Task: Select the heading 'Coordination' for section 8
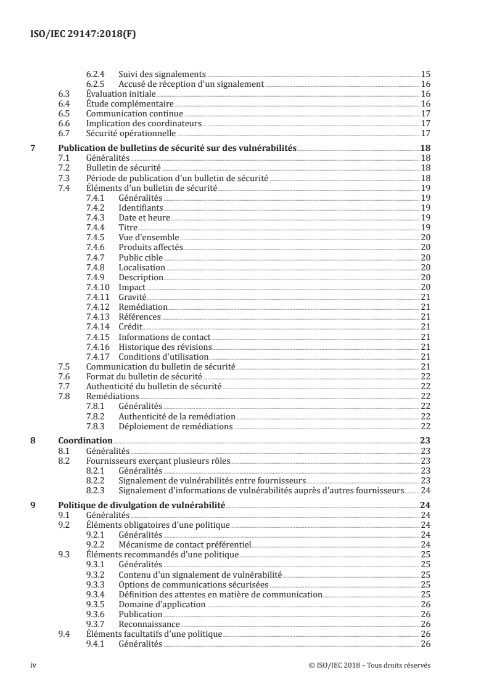(x=85, y=441)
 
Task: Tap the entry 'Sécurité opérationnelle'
(x=131, y=133)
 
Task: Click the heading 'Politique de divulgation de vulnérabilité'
(x=141, y=505)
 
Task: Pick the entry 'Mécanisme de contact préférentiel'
(x=185, y=544)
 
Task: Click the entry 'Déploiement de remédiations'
(x=175, y=426)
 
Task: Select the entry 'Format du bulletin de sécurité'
(x=144, y=376)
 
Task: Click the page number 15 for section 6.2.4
(x=425, y=74)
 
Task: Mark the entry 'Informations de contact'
(x=164, y=337)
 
